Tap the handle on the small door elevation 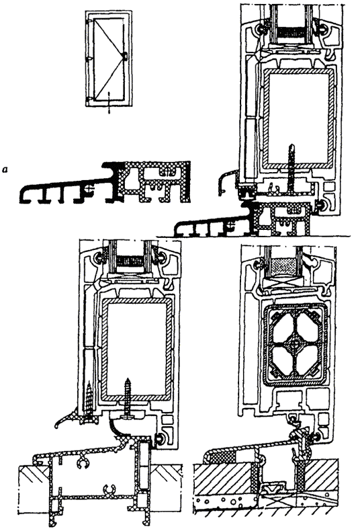[125, 56]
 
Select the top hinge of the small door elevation [88, 23]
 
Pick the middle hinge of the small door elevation [88, 58]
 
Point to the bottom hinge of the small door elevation [88, 99]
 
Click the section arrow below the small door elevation [109, 103]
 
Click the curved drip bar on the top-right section [226, 181]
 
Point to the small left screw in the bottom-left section [89, 399]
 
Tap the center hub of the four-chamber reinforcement [295, 345]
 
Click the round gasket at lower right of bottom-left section [158, 438]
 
